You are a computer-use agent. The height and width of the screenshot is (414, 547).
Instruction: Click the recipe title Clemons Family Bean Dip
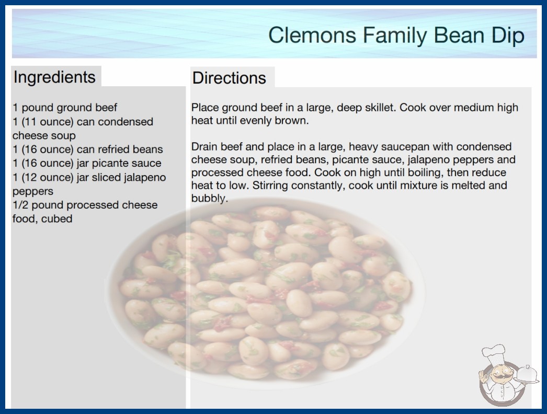tap(396, 35)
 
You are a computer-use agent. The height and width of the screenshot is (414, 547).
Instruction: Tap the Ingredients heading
tap(54, 77)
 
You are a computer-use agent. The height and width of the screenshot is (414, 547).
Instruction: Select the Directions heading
tap(229, 78)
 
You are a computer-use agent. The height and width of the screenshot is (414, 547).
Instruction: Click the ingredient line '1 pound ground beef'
tap(65, 108)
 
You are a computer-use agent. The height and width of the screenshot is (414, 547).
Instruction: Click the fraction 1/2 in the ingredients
tap(20, 205)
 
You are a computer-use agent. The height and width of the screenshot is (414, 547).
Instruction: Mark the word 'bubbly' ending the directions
tap(209, 199)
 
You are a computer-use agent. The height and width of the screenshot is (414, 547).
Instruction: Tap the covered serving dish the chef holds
tap(527, 374)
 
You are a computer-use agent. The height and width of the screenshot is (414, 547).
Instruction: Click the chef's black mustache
tap(502, 377)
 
